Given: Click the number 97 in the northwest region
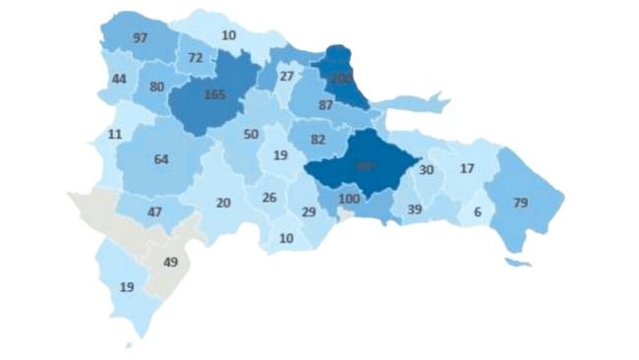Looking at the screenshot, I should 140,37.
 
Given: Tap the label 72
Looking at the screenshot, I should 196,58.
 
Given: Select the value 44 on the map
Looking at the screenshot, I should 120,79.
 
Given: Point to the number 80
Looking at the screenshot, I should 156,86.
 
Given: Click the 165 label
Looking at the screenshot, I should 214,95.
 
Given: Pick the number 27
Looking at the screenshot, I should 287,77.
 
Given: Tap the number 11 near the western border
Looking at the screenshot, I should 115,134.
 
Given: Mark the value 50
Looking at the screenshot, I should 251,134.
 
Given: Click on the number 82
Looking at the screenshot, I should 318,140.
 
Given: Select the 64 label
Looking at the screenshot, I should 162,158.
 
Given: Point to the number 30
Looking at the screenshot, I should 427,169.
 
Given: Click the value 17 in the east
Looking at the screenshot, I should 468,168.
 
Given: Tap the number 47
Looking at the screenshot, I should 155,212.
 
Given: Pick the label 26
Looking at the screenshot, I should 269,198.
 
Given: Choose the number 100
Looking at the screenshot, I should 348,200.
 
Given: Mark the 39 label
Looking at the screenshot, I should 414,210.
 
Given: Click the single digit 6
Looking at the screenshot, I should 477,212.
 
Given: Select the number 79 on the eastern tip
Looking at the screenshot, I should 521,203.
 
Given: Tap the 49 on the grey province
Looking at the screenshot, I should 169,262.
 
